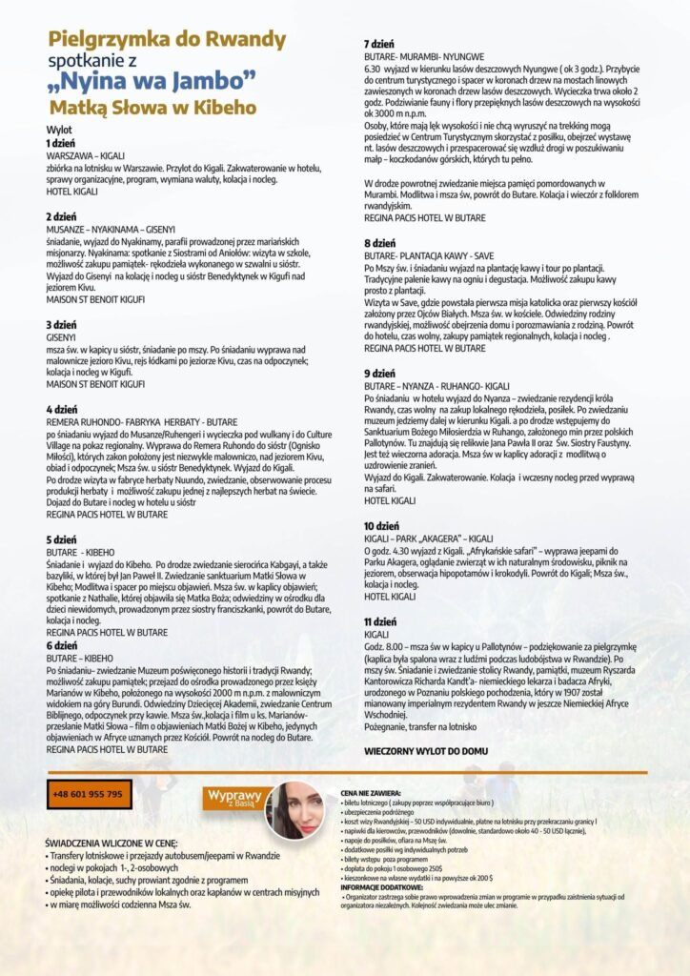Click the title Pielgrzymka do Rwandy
click(x=167, y=39)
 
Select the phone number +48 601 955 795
click(x=89, y=794)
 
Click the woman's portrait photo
click(x=295, y=810)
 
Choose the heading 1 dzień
click(x=62, y=143)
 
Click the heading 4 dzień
click(x=62, y=409)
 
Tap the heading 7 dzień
click(x=380, y=45)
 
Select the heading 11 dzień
click(x=382, y=621)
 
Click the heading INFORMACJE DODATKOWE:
click(x=377, y=888)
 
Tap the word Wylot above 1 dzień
click(x=59, y=130)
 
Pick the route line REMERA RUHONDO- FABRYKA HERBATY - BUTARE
click(x=141, y=420)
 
